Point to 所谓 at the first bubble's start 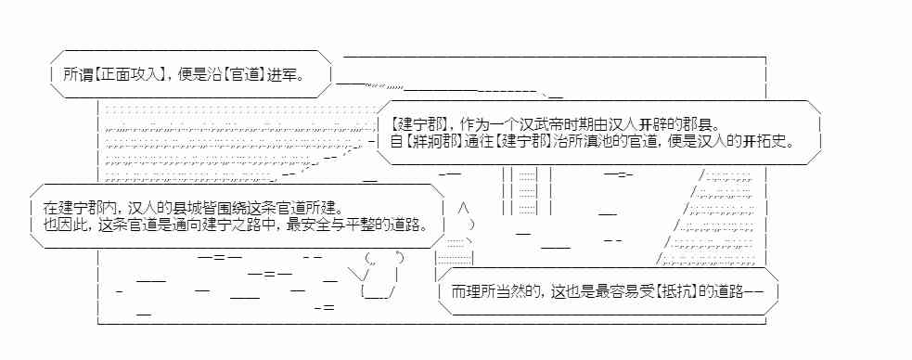point(77,72)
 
